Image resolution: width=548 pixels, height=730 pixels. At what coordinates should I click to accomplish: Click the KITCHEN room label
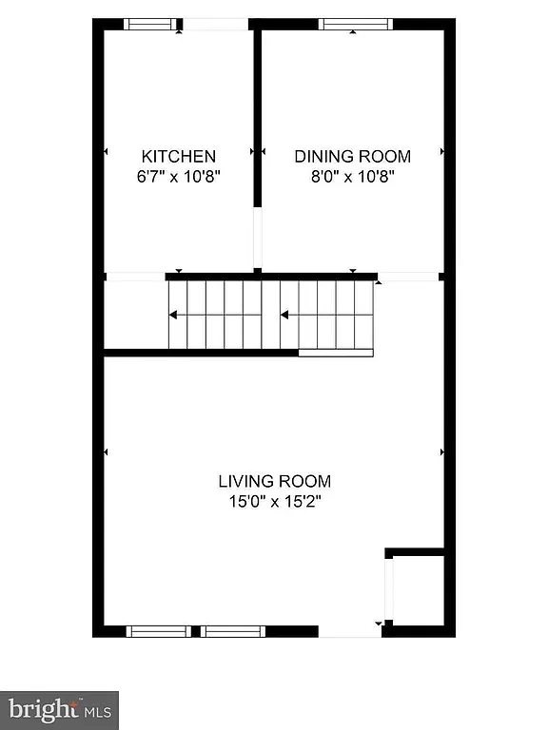[179, 156]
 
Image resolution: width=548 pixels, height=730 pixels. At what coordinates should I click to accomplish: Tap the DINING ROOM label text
[352, 156]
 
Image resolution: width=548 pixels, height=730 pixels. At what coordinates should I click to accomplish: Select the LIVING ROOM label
[274, 481]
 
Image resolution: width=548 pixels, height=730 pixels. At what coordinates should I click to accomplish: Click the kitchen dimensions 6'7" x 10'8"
[179, 176]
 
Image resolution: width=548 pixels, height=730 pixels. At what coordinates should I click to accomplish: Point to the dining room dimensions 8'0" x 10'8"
[352, 176]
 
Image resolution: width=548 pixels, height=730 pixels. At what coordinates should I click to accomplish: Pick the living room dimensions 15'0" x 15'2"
[274, 501]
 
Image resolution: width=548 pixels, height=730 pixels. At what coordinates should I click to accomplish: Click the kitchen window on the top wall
[152, 24]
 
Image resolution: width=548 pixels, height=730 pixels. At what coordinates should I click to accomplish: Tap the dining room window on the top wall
[355, 24]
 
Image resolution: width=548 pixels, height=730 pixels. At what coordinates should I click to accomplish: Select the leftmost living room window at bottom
[158, 631]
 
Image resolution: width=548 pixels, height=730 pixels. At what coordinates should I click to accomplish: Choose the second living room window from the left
[232, 631]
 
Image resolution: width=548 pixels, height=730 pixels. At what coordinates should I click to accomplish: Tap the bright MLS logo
[59, 709]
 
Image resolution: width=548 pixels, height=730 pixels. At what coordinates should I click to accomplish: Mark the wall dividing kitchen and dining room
[257, 114]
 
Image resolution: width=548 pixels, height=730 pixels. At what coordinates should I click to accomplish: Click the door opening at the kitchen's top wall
[215, 24]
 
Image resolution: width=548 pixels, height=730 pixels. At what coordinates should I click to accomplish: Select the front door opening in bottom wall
[350, 631]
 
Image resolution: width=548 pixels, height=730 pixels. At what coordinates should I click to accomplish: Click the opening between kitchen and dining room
[257, 239]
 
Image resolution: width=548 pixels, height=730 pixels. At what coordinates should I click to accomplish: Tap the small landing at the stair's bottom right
[336, 353]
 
